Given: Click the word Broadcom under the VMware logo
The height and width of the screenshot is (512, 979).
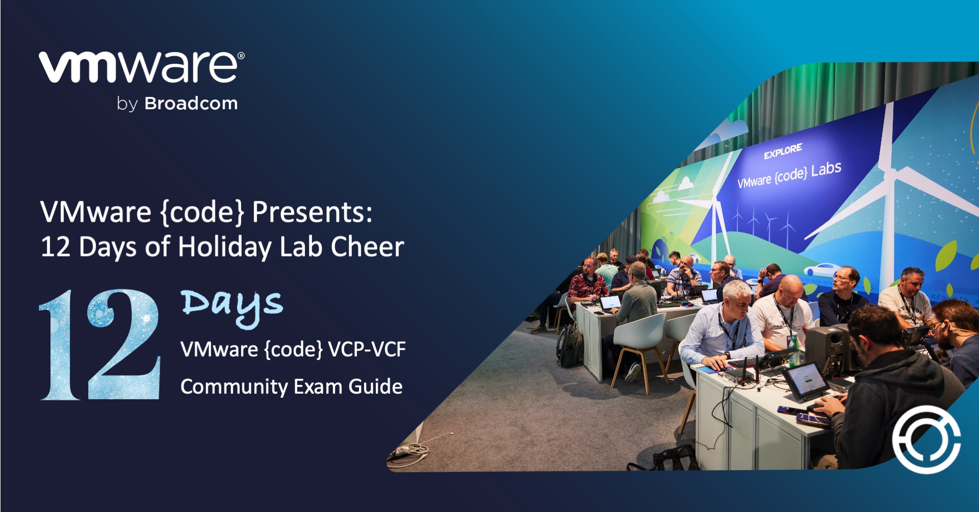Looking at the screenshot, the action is click(191, 104).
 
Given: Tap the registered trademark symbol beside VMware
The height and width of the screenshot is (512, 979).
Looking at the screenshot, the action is click(241, 56).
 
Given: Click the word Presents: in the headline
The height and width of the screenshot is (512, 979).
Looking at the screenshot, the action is click(312, 212).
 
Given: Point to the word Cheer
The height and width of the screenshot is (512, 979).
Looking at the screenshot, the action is click(367, 247).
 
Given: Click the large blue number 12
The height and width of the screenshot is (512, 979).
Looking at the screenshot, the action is click(100, 345).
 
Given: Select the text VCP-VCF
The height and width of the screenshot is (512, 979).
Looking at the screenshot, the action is click(367, 350).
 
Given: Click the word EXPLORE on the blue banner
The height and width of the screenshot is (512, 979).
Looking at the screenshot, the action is click(783, 151).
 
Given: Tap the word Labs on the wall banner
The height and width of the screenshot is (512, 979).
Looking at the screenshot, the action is click(826, 169).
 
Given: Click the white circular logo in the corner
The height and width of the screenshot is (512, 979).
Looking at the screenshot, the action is click(926, 439).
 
